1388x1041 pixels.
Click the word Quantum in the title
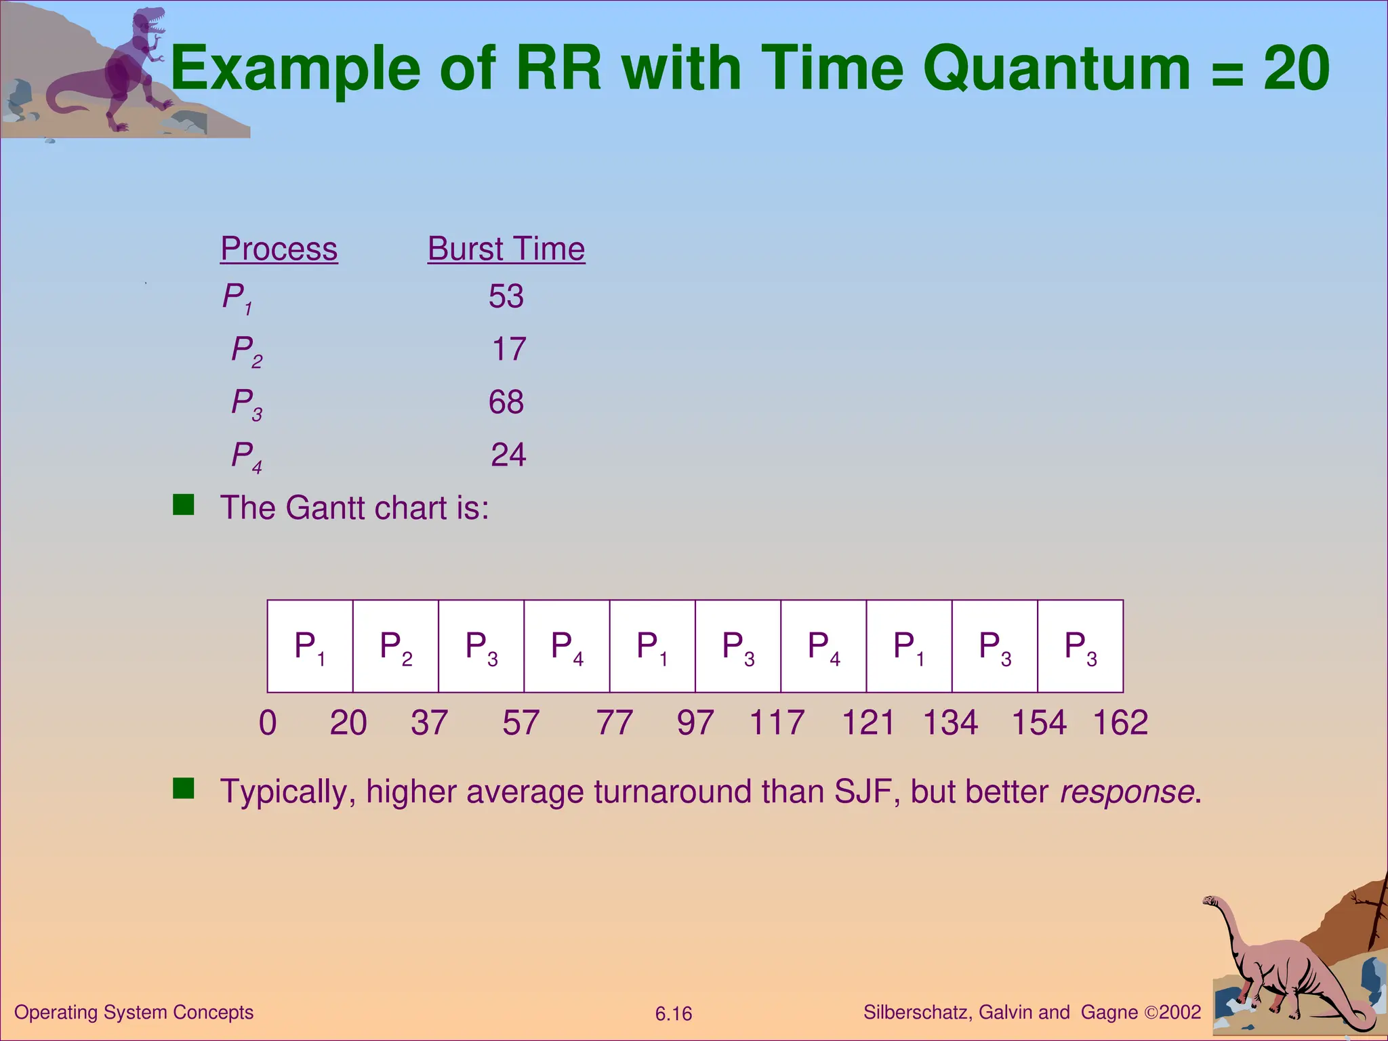coord(1056,69)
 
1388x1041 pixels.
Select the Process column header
coord(279,249)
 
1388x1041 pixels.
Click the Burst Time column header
coord(506,249)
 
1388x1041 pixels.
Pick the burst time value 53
coord(506,296)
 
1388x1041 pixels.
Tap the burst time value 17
coord(508,349)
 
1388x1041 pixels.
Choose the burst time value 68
coord(506,402)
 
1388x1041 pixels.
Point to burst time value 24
coord(508,455)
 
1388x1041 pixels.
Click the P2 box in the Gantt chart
coord(396,646)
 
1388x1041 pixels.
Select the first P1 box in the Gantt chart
coord(310,646)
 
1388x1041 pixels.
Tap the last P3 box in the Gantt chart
coord(1080,646)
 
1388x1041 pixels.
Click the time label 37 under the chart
coord(429,722)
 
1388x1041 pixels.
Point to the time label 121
coord(867,722)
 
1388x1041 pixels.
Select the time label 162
coord(1120,722)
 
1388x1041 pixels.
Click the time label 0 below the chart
coord(268,722)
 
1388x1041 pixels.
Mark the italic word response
coord(1126,792)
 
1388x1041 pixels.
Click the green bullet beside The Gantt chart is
coord(183,505)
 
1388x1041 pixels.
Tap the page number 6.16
coord(673,1014)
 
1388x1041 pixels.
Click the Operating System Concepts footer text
coord(134,1012)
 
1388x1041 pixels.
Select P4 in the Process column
coord(246,456)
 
